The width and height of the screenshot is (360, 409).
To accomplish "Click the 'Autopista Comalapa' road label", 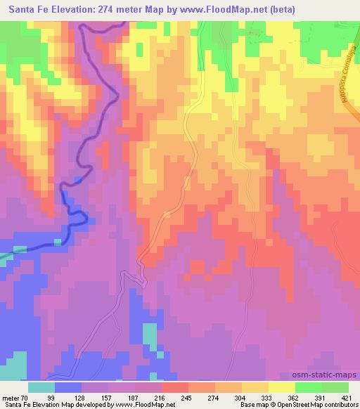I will [x=345, y=84].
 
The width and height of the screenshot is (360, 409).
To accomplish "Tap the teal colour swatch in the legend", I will [x=41, y=387].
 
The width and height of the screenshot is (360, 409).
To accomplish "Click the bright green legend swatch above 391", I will [x=309, y=387].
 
